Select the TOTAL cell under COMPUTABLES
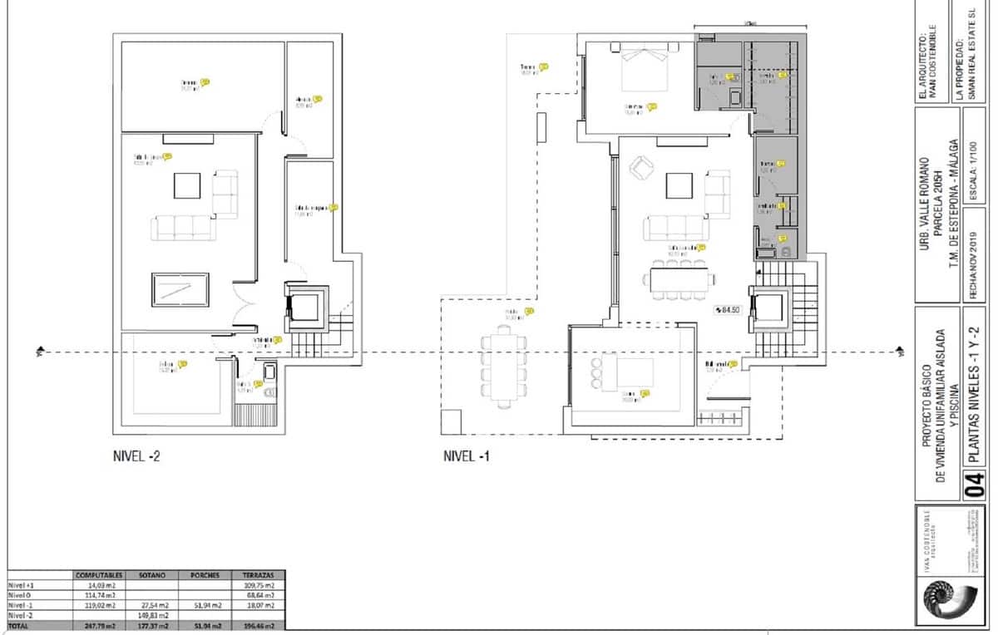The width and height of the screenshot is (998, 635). click(100, 626)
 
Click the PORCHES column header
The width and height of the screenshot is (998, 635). click(205, 574)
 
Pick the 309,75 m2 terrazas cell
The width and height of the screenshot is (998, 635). click(257, 585)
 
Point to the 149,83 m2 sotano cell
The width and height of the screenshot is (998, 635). click(153, 616)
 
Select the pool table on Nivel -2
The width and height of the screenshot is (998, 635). click(180, 289)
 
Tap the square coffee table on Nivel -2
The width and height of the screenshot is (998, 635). click(187, 185)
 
